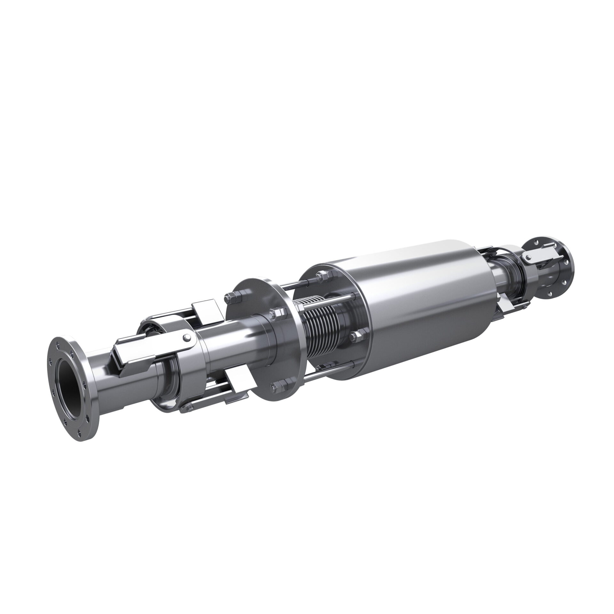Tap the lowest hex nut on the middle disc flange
coord(277,389)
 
